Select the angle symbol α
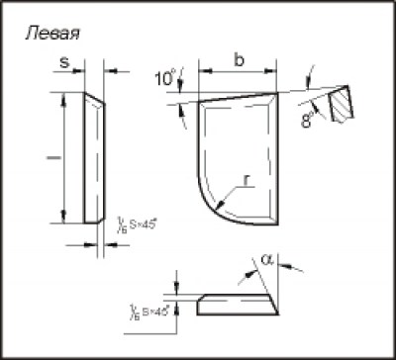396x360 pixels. [268, 262]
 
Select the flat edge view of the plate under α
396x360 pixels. [238, 304]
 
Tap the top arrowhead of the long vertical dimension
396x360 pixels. [63, 98]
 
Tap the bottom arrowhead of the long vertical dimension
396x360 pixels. [63, 219]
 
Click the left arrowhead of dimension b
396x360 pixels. [203, 70]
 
